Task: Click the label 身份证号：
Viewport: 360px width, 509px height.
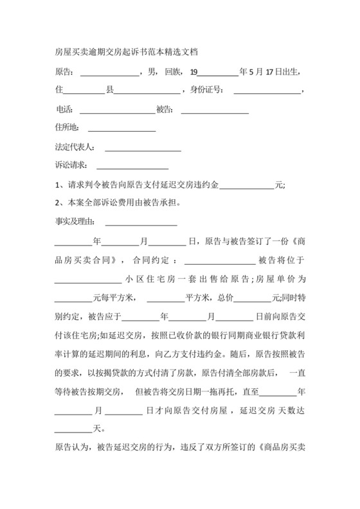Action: click(206, 90)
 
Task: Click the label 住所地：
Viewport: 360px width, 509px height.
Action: click(68, 126)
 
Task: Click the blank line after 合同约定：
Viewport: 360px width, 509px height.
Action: click(220, 263)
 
